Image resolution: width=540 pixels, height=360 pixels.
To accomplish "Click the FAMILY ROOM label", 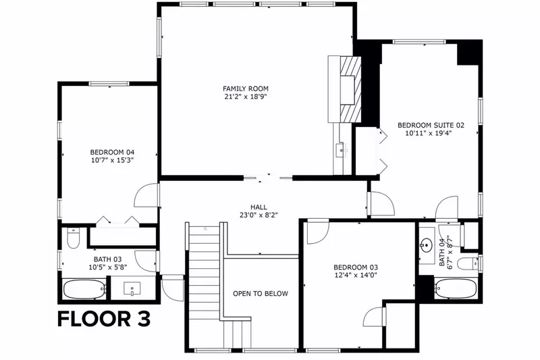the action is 245,88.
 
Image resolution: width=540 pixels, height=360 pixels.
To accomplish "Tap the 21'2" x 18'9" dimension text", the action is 246,97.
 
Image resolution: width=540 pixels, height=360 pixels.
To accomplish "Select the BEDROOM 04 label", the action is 112,152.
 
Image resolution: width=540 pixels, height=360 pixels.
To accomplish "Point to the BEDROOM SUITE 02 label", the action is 431,125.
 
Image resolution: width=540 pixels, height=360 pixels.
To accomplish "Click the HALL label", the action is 259,207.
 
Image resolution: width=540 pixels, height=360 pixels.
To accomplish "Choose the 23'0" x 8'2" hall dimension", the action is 259,215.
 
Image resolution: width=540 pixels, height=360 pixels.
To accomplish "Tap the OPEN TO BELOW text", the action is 261,294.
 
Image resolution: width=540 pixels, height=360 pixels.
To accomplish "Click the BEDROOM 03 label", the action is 356,267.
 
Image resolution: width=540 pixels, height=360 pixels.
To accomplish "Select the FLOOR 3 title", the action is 104,319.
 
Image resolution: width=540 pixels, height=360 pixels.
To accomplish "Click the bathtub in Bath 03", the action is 84,289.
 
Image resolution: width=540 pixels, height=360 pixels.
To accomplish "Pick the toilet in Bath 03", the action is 73,238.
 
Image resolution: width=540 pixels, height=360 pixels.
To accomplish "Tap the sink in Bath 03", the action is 132,288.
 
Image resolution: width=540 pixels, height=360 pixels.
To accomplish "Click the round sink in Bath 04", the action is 427,245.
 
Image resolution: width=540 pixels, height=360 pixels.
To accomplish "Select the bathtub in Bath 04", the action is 456,288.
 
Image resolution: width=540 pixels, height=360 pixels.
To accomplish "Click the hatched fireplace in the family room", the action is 350,90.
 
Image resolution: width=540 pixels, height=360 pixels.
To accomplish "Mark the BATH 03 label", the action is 108,259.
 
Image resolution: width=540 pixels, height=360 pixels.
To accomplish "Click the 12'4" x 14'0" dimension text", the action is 356,276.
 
